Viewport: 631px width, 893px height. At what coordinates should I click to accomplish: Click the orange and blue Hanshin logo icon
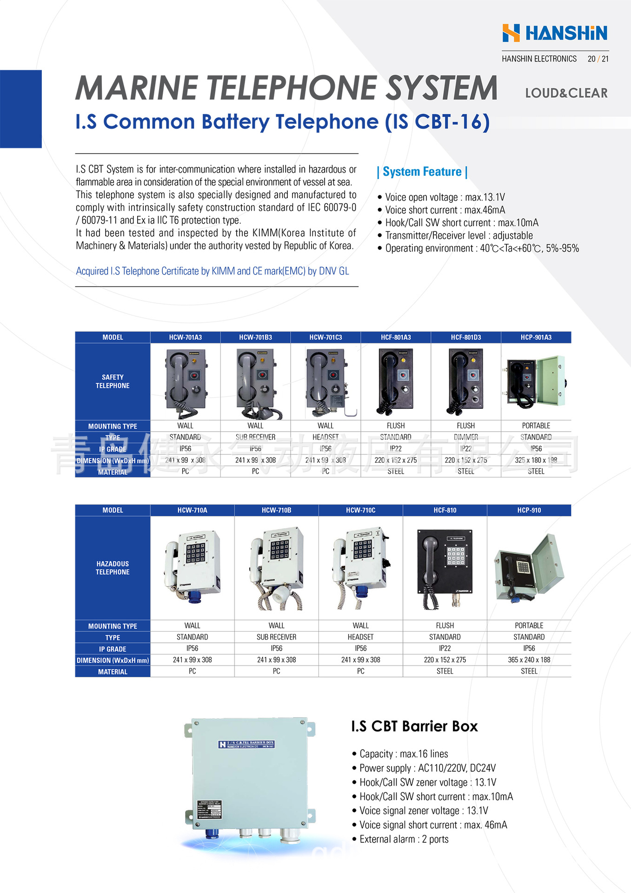click(511, 33)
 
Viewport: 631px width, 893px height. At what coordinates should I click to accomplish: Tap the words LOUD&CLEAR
click(566, 93)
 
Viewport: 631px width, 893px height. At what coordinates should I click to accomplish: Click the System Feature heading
click(422, 172)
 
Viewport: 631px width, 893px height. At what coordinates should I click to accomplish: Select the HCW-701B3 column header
click(255, 337)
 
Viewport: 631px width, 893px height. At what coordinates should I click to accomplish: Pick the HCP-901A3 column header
click(536, 337)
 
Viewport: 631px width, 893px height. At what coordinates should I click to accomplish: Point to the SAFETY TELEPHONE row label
click(113, 381)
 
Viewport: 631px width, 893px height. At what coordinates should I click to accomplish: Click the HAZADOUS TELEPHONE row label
click(113, 568)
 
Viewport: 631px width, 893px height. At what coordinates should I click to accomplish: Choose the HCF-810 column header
click(445, 510)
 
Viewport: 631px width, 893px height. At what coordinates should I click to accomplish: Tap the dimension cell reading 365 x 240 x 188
click(529, 660)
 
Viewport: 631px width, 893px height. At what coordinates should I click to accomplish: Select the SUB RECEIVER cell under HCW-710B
click(276, 637)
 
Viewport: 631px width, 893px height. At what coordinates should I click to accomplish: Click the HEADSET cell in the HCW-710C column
click(360, 637)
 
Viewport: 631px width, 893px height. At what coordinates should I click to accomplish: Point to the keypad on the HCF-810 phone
click(456, 556)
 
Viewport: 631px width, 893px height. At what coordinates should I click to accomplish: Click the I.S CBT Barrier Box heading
click(414, 726)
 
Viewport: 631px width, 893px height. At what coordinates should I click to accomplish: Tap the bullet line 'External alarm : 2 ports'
click(404, 839)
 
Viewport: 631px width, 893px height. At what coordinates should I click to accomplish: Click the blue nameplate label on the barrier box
click(246, 745)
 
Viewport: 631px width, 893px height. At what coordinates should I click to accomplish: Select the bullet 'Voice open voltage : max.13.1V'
click(445, 197)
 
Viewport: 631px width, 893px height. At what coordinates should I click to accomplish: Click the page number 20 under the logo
click(591, 59)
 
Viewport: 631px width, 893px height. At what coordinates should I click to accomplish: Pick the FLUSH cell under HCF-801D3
click(465, 426)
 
